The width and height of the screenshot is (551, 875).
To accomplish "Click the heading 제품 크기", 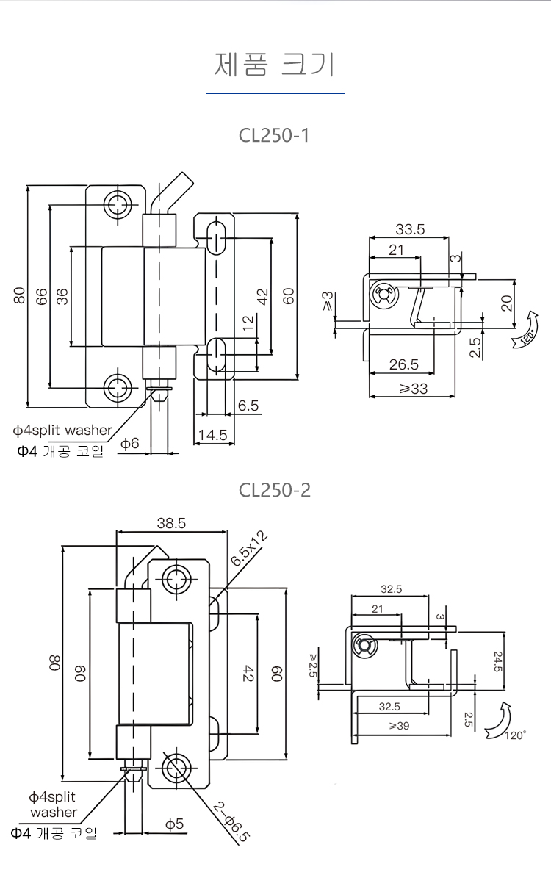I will (275, 65).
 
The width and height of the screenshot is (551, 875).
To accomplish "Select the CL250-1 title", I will (275, 136).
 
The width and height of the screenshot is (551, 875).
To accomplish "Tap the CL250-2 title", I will (275, 489).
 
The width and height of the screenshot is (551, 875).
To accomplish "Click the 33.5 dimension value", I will (409, 229).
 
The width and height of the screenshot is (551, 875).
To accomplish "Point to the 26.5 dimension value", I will (403, 364).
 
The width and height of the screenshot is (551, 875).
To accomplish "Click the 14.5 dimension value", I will (212, 435).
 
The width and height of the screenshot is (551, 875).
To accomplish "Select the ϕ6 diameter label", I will (130, 443).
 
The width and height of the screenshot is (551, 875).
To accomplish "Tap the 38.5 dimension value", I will (170, 523).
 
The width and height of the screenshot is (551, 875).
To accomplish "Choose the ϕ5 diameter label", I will (174, 824).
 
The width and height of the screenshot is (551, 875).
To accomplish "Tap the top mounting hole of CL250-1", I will (117, 205).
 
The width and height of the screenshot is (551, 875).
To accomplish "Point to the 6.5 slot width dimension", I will (248, 405).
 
